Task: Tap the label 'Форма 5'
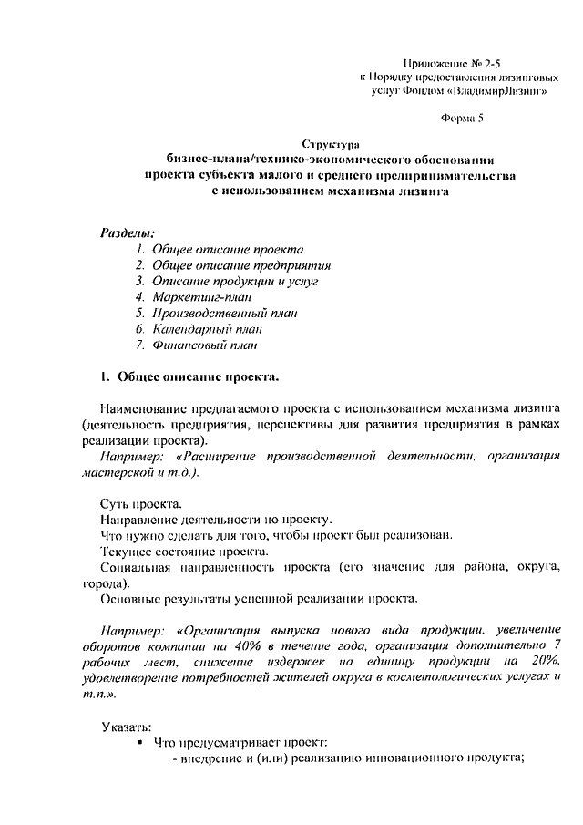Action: click(x=463, y=119)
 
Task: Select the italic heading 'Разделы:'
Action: click(x=127, y=232)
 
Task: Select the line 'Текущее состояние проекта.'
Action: click(x=183, y=552)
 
